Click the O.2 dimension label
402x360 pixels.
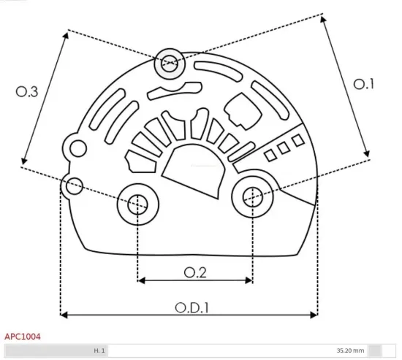pos(194,272)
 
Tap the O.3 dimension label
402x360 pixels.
pos(27,91)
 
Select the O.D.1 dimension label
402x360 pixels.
pos(191,307)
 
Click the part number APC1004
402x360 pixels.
pos(23,337)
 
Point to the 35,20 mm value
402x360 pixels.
pos(350,351)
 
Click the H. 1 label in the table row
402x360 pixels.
pos(99,351)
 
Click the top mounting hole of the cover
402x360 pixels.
pos(170,64)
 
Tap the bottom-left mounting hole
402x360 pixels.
pos(137,205)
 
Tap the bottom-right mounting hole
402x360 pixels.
pos(252,195)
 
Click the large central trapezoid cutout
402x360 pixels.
pos(193,166)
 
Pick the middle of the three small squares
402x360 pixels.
pos(284,148)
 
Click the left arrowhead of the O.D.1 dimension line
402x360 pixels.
pos(63,315)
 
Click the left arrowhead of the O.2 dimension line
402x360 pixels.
pos(140,280)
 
